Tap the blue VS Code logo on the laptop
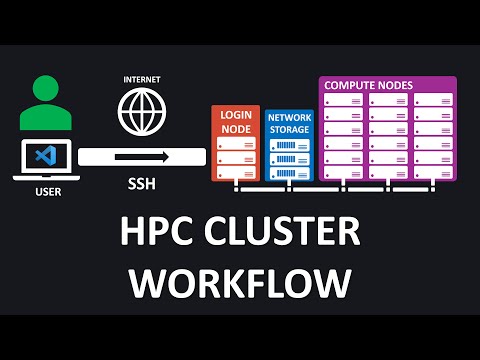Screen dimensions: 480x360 pos(42,157)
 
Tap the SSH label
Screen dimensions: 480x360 pos(141,185)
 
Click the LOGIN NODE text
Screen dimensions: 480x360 pos(236,123)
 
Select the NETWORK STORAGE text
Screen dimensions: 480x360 pos(289,123)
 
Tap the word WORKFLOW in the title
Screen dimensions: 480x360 pos(241,283)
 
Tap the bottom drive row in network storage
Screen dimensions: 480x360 pos(289,172)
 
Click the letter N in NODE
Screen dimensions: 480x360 pos(224,128)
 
